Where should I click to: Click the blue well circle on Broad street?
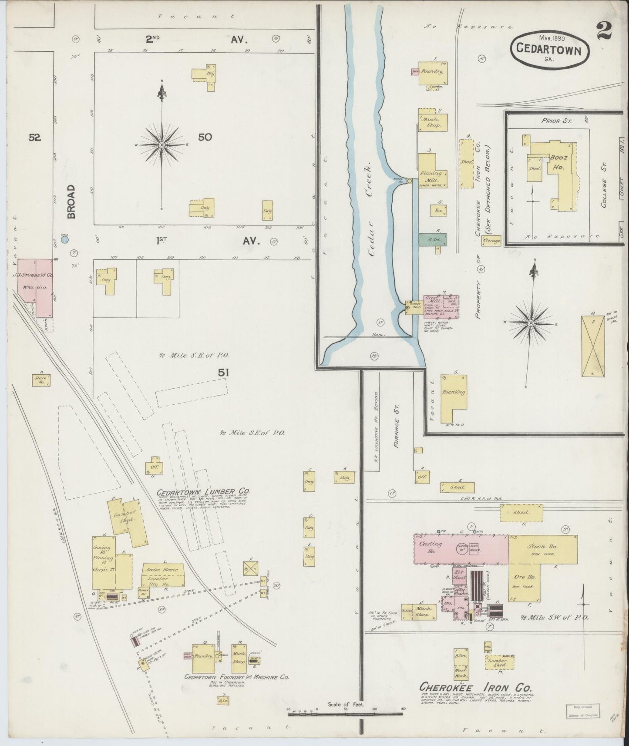(65, 239)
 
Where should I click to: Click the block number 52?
(35, 138)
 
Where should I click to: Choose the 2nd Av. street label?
(197, 40)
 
